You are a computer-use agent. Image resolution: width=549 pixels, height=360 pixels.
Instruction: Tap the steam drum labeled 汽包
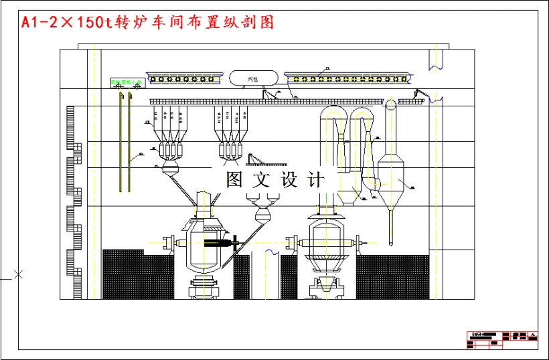click(252, 78)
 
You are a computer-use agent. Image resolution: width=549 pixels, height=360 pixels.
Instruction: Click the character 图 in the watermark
click(234, 179)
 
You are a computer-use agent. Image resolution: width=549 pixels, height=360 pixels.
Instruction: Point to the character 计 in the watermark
click(315, 179)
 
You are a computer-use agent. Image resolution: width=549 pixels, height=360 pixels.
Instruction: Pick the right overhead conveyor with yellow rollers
click(348, 79)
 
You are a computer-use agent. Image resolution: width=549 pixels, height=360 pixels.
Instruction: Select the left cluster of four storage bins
click(167, 130)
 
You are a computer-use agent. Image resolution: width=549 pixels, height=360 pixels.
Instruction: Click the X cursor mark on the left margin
click(19, 274)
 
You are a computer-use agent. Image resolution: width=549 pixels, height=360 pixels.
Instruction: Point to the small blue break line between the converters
click(272, 252)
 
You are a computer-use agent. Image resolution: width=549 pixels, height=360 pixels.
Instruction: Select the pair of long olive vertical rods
click(123, 144)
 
